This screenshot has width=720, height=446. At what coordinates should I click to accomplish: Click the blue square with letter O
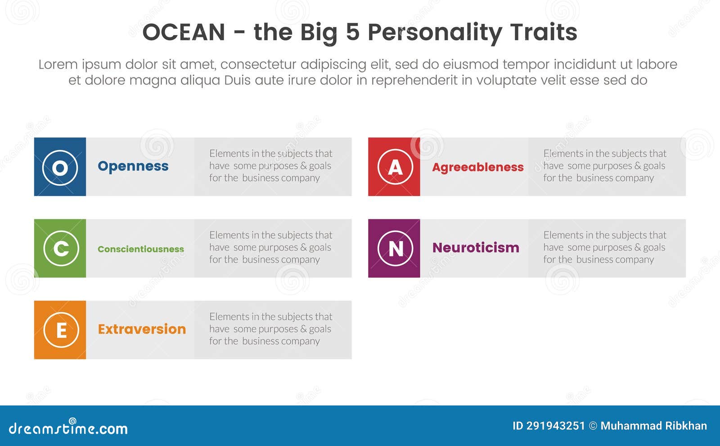point(60,167)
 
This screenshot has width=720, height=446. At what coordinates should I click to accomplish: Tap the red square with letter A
point(394,167)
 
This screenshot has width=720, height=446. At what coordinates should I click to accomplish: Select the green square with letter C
point(60,248)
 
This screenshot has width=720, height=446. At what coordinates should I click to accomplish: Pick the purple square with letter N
point(394,248)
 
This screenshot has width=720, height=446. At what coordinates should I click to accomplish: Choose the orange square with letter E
point(60,330)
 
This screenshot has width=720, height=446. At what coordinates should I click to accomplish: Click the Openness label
point(133,166)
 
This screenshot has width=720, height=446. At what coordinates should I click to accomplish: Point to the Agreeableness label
point(478,167)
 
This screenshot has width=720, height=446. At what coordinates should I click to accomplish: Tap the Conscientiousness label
point(141,249)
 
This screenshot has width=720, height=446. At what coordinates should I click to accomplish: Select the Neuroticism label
point(476,248)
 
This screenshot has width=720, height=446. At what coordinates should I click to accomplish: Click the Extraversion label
point(142,329)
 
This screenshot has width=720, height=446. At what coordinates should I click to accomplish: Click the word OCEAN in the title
point(184,32)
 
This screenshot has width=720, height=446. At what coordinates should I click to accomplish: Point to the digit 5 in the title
point(353,32)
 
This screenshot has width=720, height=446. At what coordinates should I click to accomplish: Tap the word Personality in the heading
point(435,32)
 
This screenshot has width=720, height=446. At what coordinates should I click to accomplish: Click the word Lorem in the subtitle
point(58,64)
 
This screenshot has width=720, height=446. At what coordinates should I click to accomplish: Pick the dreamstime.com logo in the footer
point(68,428)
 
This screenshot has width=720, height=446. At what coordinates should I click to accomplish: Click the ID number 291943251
point(555,426)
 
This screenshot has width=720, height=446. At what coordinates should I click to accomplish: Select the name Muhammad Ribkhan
point(653,426)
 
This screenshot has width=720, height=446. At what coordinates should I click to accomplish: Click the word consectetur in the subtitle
point(258,64)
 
